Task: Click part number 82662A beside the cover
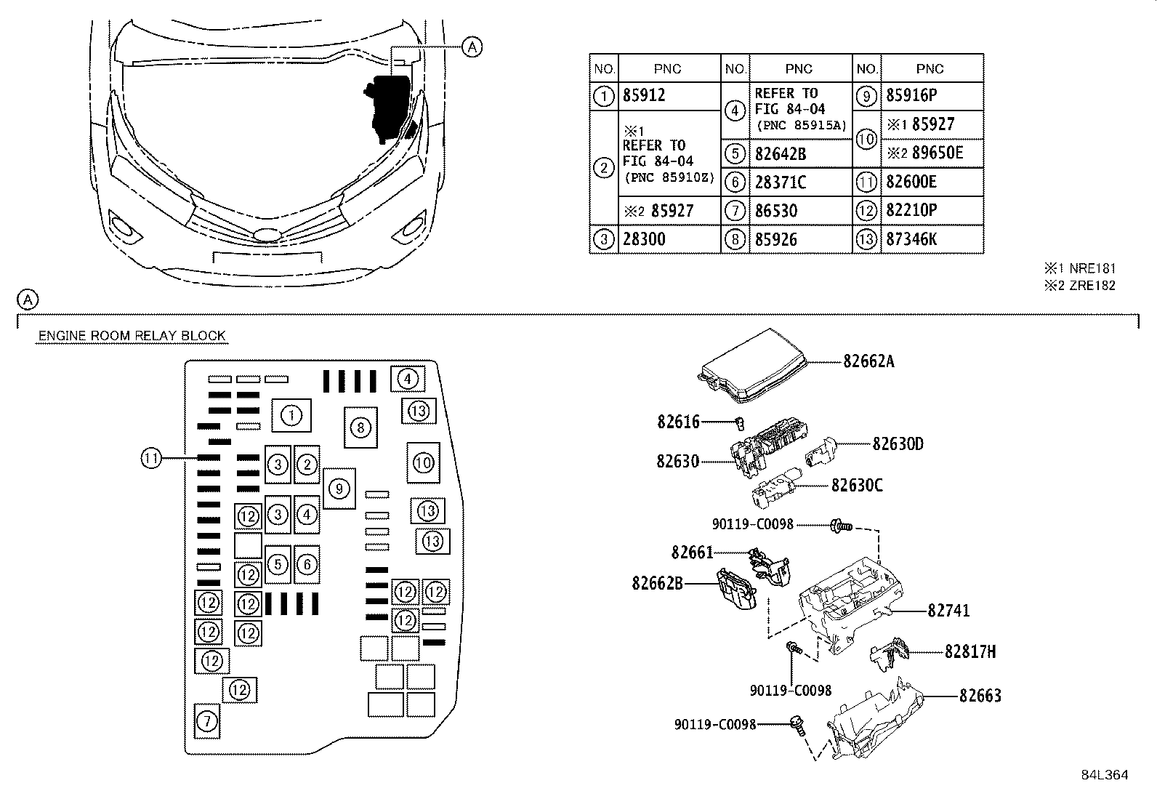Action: point(868,361)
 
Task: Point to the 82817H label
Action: point(970,651)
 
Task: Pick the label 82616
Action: point(678,421)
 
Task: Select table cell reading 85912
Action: point(644,95)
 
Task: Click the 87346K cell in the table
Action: point(911,239)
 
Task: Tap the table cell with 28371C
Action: point(781,182)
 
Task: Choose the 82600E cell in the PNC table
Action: point(911,182)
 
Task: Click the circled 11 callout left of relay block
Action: point(150,458)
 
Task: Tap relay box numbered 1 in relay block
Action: point(291,415)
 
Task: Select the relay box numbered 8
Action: point(360,427)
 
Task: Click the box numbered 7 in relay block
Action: point(207,720)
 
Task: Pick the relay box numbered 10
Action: point(423,462)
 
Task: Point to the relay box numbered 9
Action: point(339,488)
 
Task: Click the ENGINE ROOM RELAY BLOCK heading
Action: point(132,335)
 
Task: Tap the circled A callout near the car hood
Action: point(472,47)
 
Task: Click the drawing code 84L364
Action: point(1103,775)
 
